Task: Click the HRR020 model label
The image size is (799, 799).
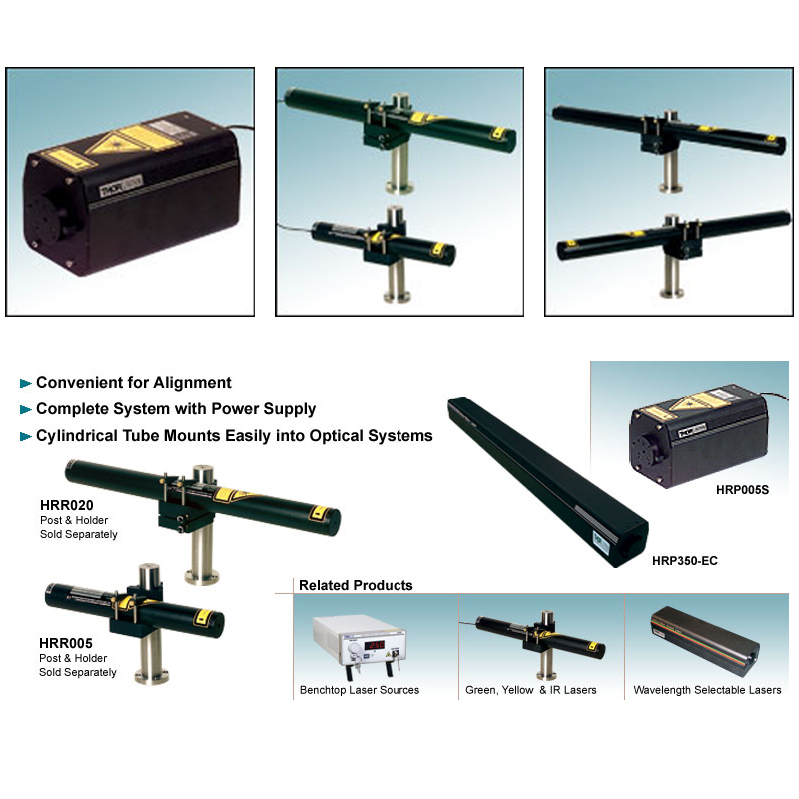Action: point(67,505)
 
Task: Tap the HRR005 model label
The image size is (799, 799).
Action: point(66,643)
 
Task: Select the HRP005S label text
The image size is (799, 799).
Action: point(742,490)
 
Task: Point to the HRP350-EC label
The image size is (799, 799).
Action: point(685,561)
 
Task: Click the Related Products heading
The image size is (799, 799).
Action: point(356,585)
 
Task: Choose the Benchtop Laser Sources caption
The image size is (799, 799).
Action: point(360,690)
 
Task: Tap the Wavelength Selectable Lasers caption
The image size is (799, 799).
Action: point(707,690)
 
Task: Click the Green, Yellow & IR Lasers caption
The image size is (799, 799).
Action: point(531,690)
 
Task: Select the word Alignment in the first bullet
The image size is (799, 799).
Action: point(192,383)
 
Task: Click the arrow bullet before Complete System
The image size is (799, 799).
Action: point(26,409)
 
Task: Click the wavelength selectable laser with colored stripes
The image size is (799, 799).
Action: point(705,635)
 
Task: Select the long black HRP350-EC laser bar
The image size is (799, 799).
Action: point(547,481)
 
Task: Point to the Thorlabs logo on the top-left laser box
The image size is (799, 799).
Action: point(121,186)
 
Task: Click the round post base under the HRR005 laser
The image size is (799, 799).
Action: point(152,677)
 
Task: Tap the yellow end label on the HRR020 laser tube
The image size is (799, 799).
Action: point(318,513)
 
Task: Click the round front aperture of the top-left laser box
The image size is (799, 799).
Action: point(45,218)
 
